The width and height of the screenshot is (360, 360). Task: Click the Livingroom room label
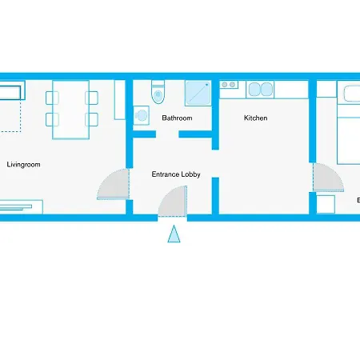(x=23, y=165)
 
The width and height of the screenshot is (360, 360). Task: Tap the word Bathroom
(x=177, y=118)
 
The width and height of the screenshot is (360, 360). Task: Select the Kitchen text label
(x=255, y=118)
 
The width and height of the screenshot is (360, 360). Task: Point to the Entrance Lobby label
(x=176, y=174)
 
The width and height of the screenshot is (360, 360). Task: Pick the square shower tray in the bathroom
(x=198, y=93)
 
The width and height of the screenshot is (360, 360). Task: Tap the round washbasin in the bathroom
(x=142, y=115)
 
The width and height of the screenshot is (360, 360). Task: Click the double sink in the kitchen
(x=262, y=89)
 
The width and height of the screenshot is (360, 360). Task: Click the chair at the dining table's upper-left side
(x=52, y=98)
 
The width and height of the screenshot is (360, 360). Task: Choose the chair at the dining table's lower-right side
(x=93, y=119)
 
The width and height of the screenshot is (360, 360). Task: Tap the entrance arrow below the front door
(x=174, y=234)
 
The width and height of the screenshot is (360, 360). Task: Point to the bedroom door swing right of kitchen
(x=327, y=178)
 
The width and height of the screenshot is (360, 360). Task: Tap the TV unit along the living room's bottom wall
(x=16, y=206)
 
